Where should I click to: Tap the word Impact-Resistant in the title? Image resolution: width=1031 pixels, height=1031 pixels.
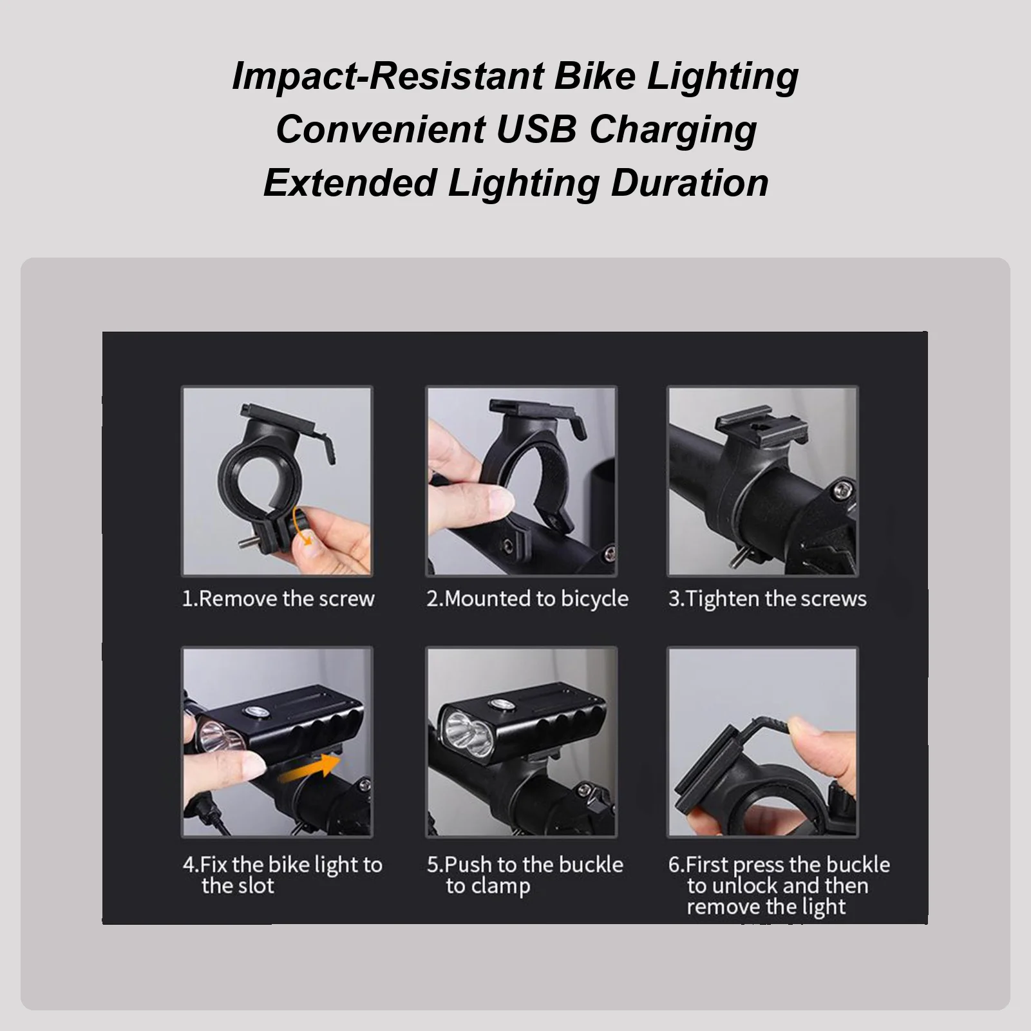coord(388,76)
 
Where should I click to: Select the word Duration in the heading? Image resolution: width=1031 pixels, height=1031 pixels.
coord(690,182)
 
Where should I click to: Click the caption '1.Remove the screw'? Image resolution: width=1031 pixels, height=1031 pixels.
coord(278,599)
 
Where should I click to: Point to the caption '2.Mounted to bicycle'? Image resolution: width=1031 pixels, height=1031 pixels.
coord(527,599)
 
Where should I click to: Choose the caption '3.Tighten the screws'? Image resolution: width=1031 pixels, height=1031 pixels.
coord(767,599)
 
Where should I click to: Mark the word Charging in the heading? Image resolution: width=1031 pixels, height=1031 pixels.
coord(673,129)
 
